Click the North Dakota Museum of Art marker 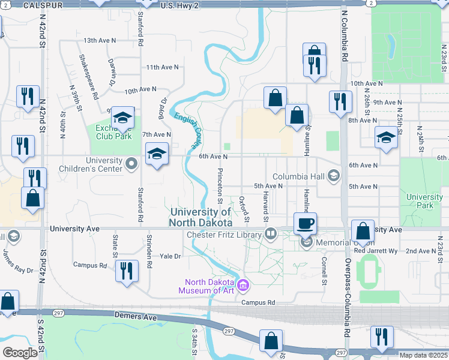[243, 284]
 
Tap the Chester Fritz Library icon [271, 234]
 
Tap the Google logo [20, 353]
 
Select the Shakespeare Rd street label [88, 76]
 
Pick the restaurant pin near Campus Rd [127, 271]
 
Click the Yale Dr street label [170, 256]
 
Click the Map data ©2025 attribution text [423, 355]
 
